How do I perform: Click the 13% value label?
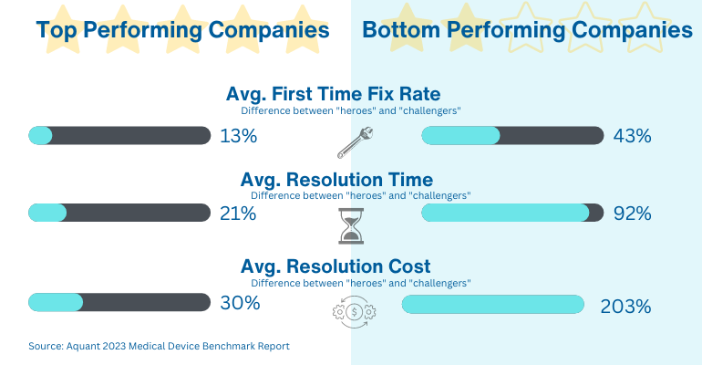pyautogui.click(x=239, y=136)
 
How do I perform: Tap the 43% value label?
pyautogui.click(x=632, y=136)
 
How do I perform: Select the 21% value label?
pyautogui.click(x=239, y=214)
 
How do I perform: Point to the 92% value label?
pyautogui.click(x=632, y=214)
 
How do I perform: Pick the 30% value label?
pyautogui.click(x=240, y=304)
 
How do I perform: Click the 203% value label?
pyautogui.click(x=625, y=306)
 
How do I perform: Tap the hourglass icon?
pyautogui.click(x=351, y=224)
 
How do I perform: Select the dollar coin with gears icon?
pyautogui.click(x=352, y=311)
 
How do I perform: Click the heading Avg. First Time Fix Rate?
pyautogui.click(x=333, y=94)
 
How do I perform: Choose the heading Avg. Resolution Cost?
pyautogui.click(x=336, y=266)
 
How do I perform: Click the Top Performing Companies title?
pyautogui.click(x=182, y=30)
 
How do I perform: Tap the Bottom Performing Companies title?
pyautogui.click(x=527, y=30)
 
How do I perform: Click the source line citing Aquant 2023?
pyautogui.click(x=159, y=347)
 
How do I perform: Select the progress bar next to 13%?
pyautogui.click(x=120, y=136)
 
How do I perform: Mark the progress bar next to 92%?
pyautogui.click(x=512, y=214)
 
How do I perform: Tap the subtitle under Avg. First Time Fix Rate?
pyautogui.click(x=350, y=109)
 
